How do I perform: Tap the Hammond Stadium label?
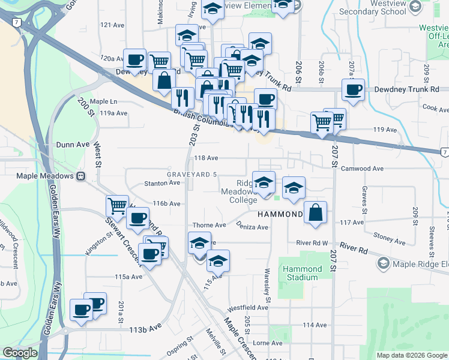pos(303,273)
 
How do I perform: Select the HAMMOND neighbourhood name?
pos(279,214)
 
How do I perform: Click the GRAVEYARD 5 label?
pos(191,174)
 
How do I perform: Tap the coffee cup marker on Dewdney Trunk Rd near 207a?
pos(353,90)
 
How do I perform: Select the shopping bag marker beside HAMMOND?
pos(316,212)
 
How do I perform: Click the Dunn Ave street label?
pos(73,144)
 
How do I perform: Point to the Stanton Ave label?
pos(158,184)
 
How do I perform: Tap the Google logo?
pos(20,353)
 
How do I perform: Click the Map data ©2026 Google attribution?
pos(411,355)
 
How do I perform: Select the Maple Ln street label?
pos(103,101)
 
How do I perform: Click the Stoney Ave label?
pos(385,236)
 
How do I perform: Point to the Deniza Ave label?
pos(254,227)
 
